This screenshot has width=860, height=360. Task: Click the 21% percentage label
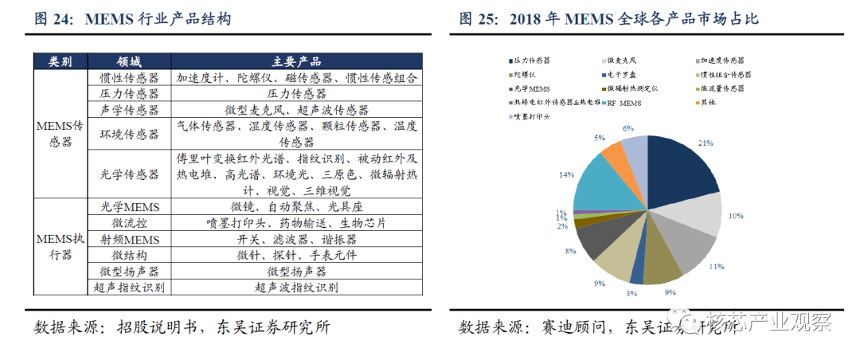(706, 143)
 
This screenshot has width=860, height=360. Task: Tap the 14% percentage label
(566, 174)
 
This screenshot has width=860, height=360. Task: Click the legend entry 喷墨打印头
(533, 117)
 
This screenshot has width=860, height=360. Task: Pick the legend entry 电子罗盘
(624, 75)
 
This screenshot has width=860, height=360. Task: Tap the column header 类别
(61, 62)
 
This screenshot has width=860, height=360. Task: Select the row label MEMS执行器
(61, 247)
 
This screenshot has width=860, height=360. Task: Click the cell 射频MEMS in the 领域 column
(130, 239)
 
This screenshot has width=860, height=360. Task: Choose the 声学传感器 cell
(130, 109)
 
